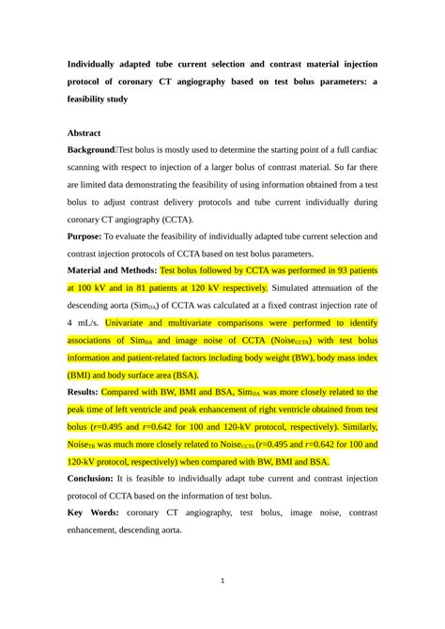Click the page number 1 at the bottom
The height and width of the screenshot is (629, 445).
[222, 580]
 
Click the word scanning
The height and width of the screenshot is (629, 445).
[89, 168]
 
